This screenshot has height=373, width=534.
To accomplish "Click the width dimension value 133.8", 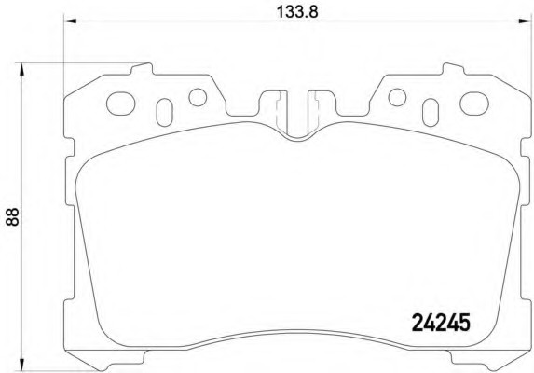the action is click(x=297, y=12).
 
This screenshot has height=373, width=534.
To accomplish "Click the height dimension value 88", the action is click(x=12, y=217).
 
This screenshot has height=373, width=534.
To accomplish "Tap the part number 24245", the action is click(x=441, y=323).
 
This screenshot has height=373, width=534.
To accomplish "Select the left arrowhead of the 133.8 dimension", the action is click(x=70, y=21).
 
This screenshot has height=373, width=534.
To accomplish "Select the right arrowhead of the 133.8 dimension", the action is click(x=525, y=21).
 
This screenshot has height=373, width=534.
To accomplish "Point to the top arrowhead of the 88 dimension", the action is click(x=21, y=69).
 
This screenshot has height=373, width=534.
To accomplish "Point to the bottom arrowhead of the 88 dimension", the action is click(x=21, y=364).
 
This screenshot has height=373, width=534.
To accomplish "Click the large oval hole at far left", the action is click(x=121, y=104).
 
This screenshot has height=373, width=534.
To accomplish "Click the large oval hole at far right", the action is click(x=474, y=104).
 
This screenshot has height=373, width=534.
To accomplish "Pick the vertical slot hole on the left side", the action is click(x=165, y=113).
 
